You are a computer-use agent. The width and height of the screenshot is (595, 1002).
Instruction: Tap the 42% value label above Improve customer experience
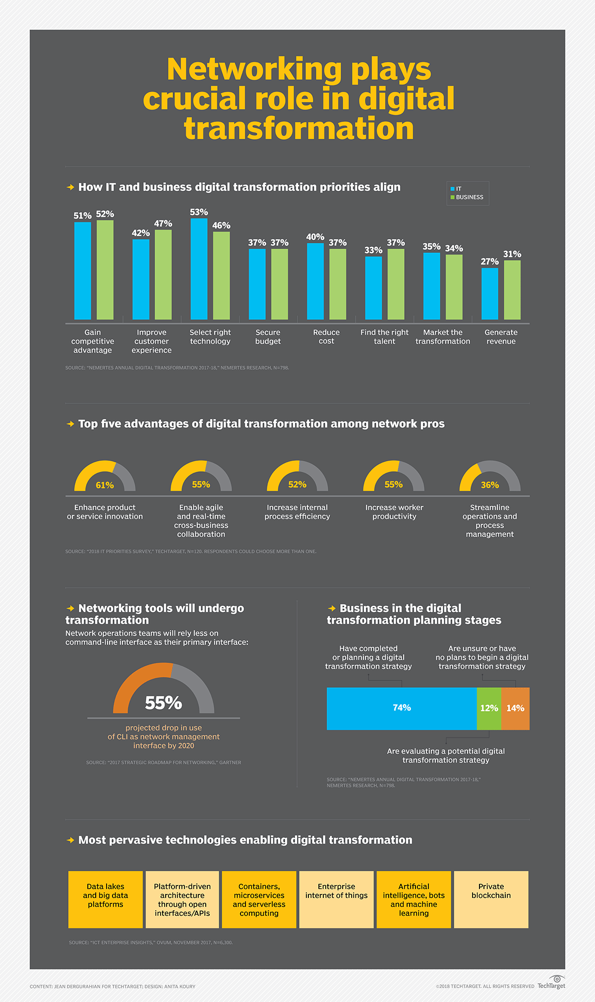click(141, 233)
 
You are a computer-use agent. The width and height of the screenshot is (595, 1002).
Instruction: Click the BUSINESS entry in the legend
click(469, 197)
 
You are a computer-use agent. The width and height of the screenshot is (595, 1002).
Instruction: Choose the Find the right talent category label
click(384, 336)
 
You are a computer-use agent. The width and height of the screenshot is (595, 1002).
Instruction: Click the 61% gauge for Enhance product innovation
click(105, 477)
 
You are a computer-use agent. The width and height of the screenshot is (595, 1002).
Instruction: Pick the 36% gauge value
click(490, 485)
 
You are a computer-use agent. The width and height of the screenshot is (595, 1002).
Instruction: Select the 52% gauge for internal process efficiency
click(297, 477)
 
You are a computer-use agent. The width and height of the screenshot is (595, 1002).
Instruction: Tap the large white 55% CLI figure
click(164, 703)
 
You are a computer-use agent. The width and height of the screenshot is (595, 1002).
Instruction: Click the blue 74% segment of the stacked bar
click(402, 708)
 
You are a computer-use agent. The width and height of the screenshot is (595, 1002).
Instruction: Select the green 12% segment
click(489, 708)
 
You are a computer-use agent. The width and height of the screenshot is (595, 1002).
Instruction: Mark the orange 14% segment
click(516, 708)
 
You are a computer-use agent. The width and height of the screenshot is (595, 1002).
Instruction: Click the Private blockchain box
click(491, 899)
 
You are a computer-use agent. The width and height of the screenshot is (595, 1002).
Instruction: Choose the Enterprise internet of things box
click(337, 899)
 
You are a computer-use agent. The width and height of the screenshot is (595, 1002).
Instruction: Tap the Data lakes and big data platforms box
click(106, 899)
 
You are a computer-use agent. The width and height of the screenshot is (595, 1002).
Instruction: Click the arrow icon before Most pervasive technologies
click(70, 840)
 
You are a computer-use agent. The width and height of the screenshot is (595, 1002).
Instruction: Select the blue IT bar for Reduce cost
click(315, 281)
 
